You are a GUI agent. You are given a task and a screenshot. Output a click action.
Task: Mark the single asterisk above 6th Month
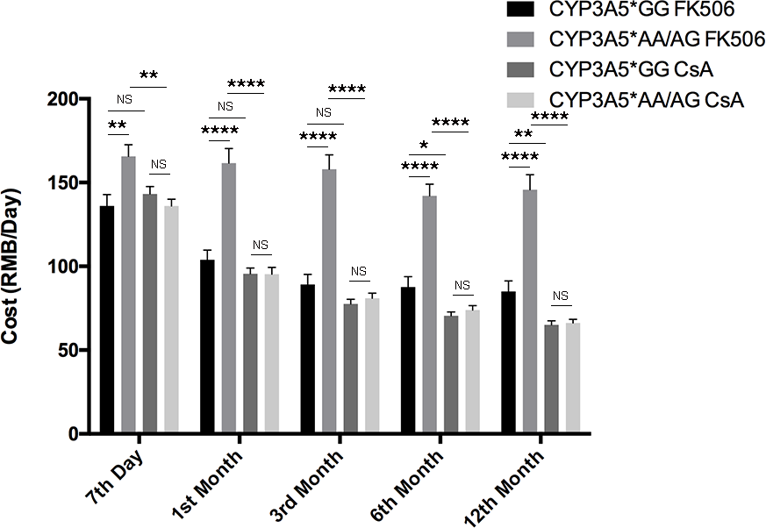424,145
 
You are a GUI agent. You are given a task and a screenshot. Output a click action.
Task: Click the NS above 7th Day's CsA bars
158,164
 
